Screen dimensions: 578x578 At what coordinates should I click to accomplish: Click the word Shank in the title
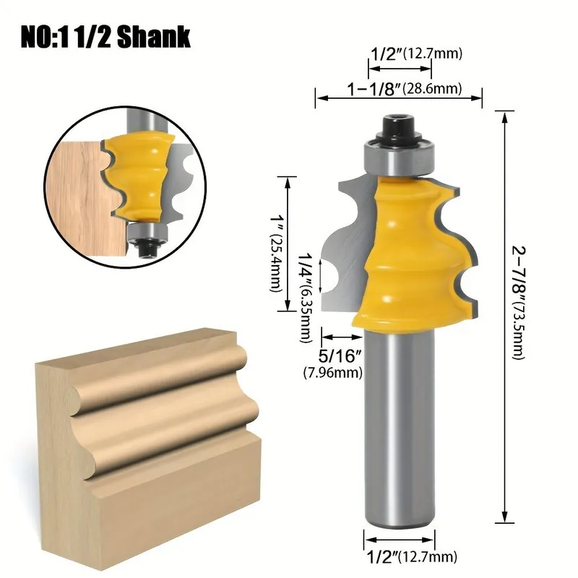tap(154, 38)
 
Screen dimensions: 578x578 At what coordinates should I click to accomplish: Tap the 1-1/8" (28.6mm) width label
tap(405, 89)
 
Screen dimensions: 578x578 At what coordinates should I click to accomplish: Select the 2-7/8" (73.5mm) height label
tap(518, 302)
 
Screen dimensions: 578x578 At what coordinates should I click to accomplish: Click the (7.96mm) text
tap(333, 373)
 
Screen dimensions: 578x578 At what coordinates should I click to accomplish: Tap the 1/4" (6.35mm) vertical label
tap(305, 298)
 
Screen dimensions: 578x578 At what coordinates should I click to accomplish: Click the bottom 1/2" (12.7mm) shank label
tap(412, 556)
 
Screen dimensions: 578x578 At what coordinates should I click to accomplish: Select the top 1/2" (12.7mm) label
tap(416, 53)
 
